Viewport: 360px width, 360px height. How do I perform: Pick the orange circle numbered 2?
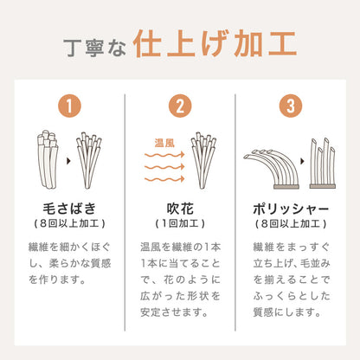pyautogui.click(x=179, y=106)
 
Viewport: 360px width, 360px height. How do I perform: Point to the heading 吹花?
pyautogui.click(x=179, y=209)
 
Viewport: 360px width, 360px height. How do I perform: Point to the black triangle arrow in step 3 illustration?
pyautogui.click(x=294, y=161)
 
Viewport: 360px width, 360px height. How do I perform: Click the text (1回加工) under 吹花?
pyautogui.click(x=179, y=226)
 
